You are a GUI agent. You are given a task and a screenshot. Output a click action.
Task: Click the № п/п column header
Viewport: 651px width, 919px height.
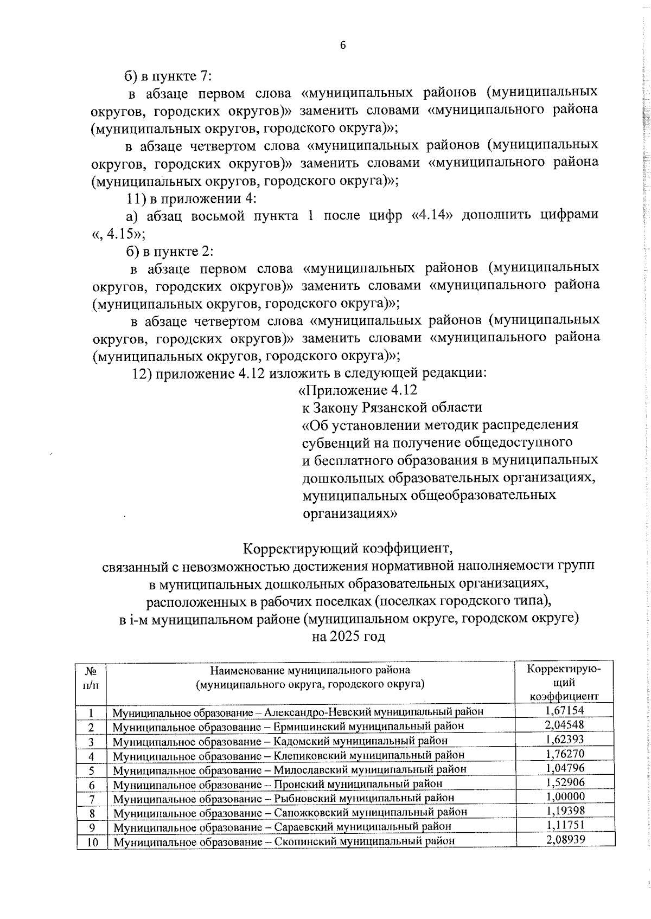(x=91, y=677)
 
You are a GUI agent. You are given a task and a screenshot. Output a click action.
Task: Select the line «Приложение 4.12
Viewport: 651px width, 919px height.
(x=358, y=390)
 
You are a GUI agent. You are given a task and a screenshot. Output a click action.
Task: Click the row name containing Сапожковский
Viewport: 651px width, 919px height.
(x=290, y=813)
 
